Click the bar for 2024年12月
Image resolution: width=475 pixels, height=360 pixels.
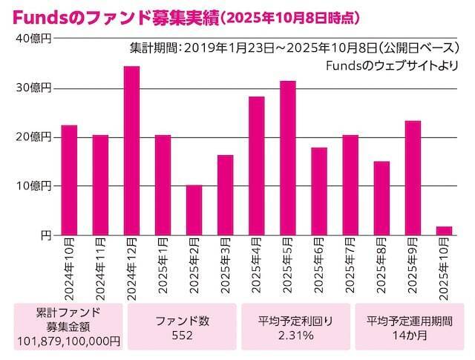(x=131, y=150)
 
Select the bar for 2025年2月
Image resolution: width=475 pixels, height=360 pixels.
(x=194, y=209)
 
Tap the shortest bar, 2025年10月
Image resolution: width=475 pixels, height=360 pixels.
(x=444, y=230)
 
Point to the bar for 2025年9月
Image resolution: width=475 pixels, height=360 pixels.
(x=413, y=177)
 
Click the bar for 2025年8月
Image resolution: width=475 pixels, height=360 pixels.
(x=381, y=197)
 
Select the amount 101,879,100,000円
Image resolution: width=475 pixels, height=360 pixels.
(x=68, y=340)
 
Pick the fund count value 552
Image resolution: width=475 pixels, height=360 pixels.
(x=182, y=336)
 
